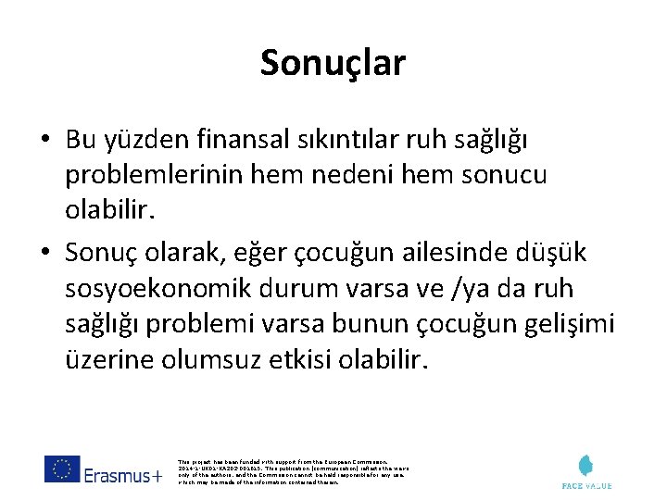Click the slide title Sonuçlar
click(x=333, y=63)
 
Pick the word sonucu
click(x=504, y=175)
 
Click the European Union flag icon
click(x=62, y=469)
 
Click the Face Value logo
click(x=586, y=471)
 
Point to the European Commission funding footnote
click(x=290, y=471)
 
